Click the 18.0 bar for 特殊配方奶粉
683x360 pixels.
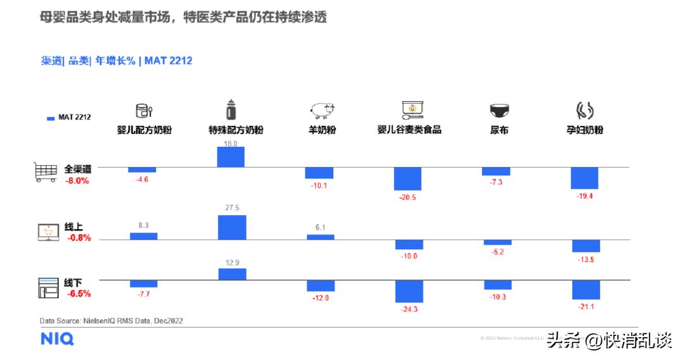coord(231,157)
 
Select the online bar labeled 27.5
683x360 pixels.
coord(231,227)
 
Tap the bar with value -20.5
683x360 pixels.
coord(408,178)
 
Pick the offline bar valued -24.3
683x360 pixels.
coord(409,291)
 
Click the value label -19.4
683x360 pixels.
coord(584,196)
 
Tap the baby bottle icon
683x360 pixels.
coord(232,110)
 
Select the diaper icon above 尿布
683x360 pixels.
coord(499,111)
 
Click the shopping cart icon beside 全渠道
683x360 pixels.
coord(46,172)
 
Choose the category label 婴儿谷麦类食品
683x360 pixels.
coord(409,130)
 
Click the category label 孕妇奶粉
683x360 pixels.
coord(584,130)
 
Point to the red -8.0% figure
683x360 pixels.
coord(77,181)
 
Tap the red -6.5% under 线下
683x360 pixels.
coord(78,294)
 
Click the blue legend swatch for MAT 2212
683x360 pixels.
coord(51,117)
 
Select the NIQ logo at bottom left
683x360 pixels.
coord(57,339)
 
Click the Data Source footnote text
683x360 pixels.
coord(111,321)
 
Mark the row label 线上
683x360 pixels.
coord(73,227)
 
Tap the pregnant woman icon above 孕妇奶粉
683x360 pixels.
coord(584,111)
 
